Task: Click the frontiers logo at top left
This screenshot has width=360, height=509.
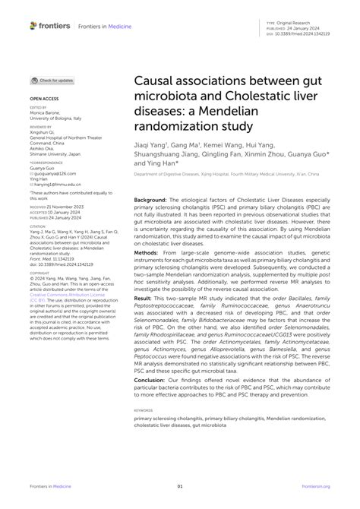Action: coord(50,25)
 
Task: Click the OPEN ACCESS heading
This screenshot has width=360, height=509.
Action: coord(45,100)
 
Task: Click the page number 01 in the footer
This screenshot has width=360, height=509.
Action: coord(180,487)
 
